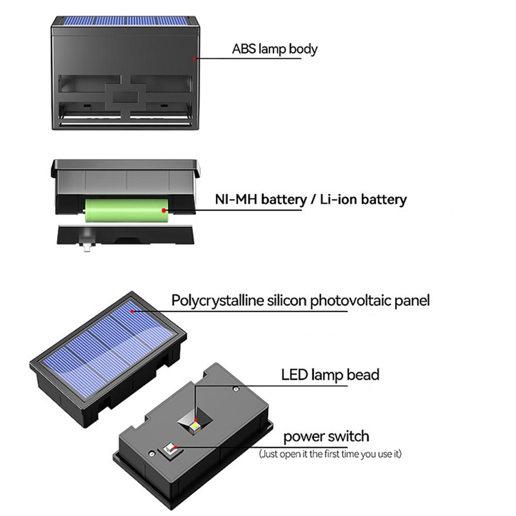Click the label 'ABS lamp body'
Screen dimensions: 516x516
click(275, 50)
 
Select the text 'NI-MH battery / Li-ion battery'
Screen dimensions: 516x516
click(311, 199)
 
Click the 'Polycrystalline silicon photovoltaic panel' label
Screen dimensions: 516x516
click(300, 300)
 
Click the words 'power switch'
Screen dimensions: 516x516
click(326, 437)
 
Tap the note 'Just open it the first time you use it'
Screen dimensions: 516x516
click(330, 454)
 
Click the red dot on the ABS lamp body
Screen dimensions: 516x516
click(195, 59)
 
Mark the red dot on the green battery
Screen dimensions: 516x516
click(164, 210)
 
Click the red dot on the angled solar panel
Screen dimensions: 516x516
click(133, 311)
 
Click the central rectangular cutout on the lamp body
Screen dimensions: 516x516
click(125, 95)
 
